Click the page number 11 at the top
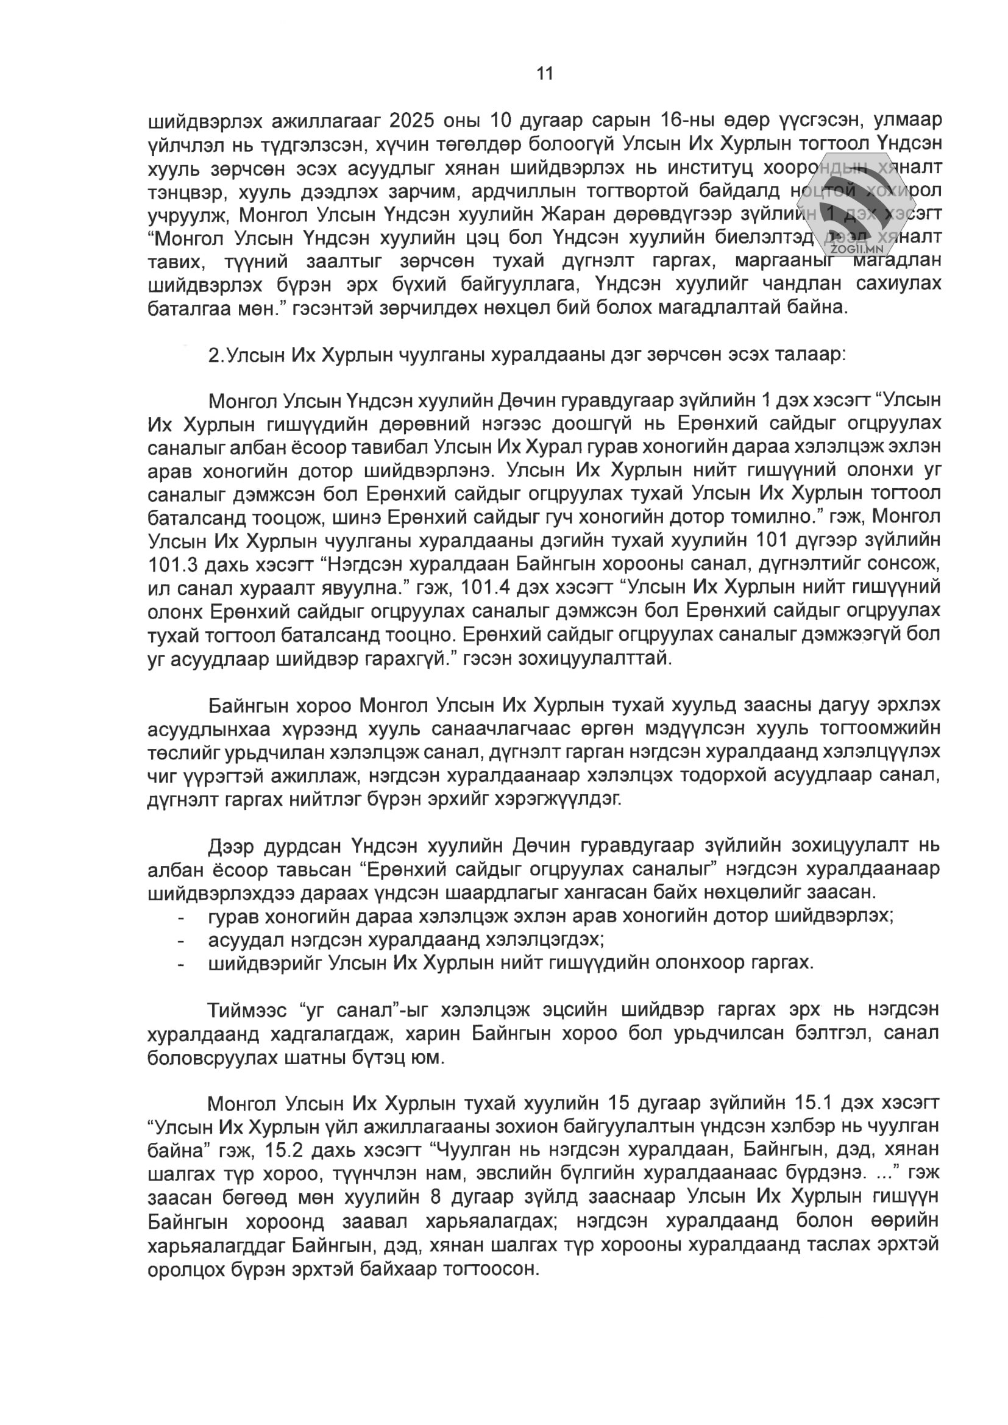coord(544,74)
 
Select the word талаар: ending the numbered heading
coord(808,355)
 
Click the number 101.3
coord(174,564)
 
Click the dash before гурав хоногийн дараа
coord(180,917)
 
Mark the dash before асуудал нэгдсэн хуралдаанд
coord(180,940)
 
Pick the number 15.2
coord(283,1150)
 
